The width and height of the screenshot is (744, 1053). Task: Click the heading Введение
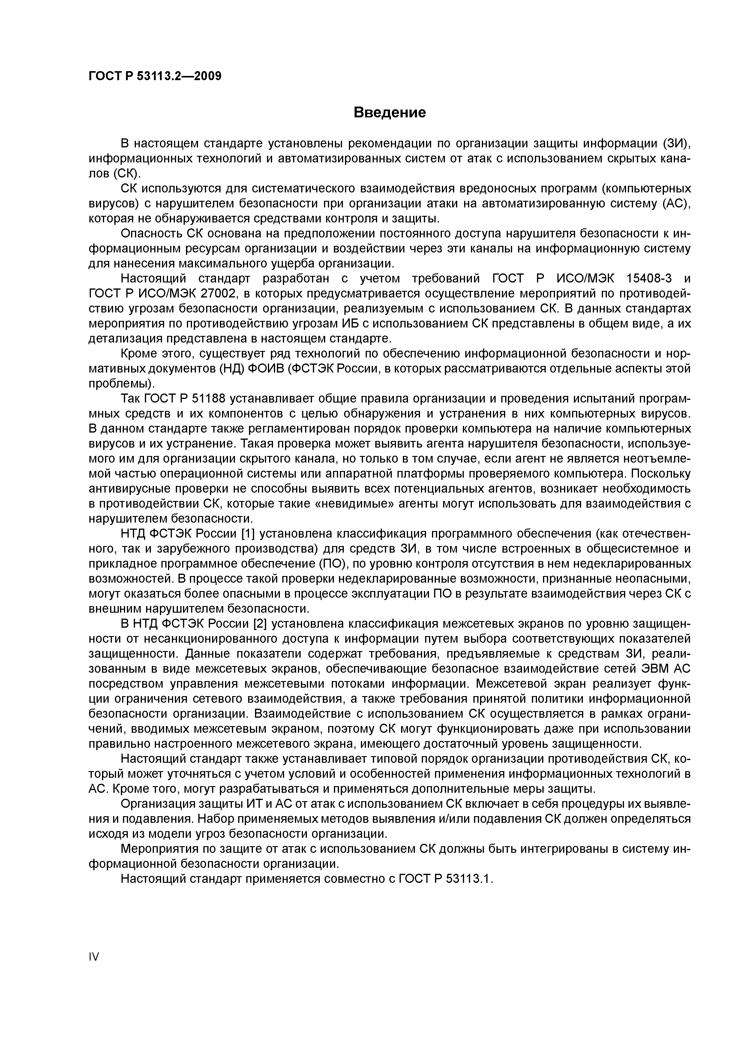point(390,112)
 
